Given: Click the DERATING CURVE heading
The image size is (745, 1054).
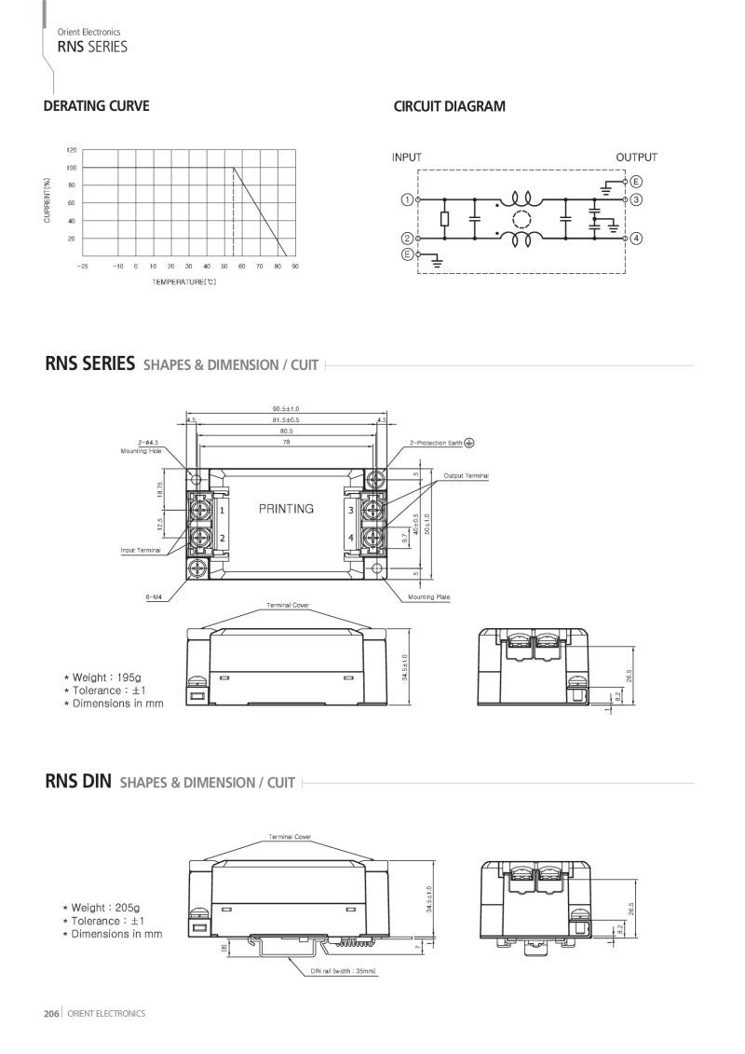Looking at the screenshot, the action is point(96,106).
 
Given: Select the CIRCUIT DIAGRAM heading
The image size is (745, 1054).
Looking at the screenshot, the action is point(450,106).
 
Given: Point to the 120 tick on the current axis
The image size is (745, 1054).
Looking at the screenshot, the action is point(72,150).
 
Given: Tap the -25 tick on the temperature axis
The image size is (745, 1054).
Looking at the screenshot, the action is point(83,267).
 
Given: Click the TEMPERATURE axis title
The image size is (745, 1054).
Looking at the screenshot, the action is point(184,282).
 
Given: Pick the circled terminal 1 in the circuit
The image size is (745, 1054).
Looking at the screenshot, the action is point(407,200).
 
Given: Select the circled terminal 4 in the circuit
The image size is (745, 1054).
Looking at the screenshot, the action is point(636,239).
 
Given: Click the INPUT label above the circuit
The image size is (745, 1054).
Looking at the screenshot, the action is point(406,157).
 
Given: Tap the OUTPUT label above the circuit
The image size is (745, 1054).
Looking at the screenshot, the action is point(636,157).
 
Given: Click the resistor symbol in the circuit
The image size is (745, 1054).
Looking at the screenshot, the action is point(444,219).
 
